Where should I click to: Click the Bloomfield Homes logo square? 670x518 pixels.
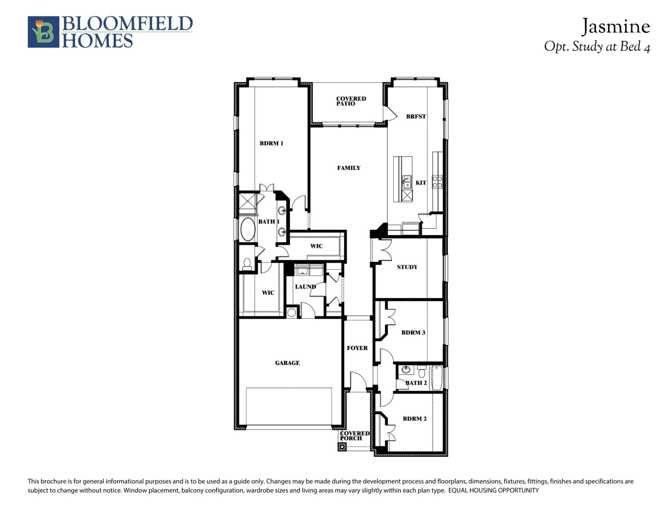[x=43, y=32]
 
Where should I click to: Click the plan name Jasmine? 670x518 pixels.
[x=616, y=27]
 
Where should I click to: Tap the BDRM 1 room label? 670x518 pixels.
[x=271, y=143]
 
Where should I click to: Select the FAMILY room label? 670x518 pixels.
[x=349, y=168]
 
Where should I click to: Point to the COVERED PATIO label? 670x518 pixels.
[x=351, y=101]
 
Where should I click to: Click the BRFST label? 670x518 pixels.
[x=416, y=117]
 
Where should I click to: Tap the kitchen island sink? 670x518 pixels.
[x=407, y=182]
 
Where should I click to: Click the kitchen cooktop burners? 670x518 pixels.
[x=437, y=182]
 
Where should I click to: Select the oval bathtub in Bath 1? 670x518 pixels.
[x=248, y=229]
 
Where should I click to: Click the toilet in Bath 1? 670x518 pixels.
[x=247, y=264]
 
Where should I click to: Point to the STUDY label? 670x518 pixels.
[x=407, y=267]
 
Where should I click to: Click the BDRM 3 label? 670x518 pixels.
[x=413, y=333]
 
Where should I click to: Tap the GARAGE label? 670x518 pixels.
[x=287, y=363]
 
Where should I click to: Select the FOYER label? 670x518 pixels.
[x=357, y=348]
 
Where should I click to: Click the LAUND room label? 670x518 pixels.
[x=305, y=287]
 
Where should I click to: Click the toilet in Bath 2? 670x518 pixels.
[x=422, y=372]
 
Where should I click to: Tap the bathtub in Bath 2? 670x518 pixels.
[x=437, y=378]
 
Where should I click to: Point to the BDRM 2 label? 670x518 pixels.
[x=415, y=419]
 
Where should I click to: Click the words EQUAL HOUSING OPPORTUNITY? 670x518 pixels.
[x=493, y=490]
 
